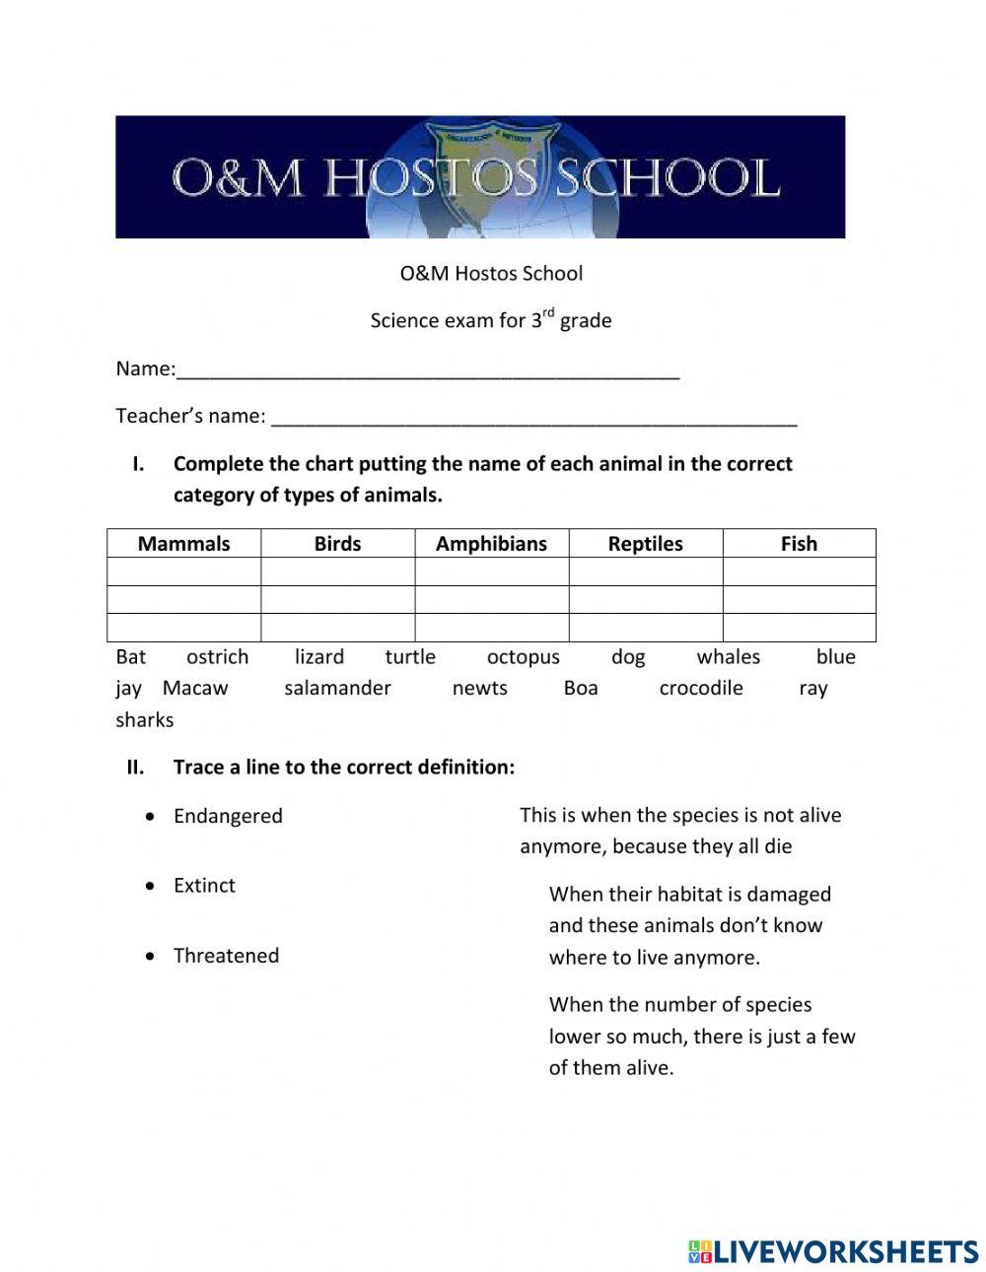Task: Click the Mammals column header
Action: pos(183,544)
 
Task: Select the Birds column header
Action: pos(337,544)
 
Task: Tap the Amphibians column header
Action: pos(491,544)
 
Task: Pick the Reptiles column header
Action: pos(645,544)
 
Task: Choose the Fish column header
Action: pos(799,544)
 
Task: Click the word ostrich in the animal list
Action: pos(217,657)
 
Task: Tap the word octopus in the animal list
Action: pos(523,657)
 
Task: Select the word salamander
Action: pos(337,689)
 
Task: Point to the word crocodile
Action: pos(700,689)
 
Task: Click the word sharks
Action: pos(144,720)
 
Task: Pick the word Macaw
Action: pos(195,689)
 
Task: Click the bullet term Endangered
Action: pos(228,817)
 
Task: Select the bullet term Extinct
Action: pos(204,886)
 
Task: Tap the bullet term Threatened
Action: pos(226,956)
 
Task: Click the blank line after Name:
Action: pos(428,372)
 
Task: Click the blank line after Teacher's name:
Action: pos(533,420)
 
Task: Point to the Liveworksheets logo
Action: pos(833,1251)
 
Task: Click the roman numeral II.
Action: pos(135,768)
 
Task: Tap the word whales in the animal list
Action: pos(728,657)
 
